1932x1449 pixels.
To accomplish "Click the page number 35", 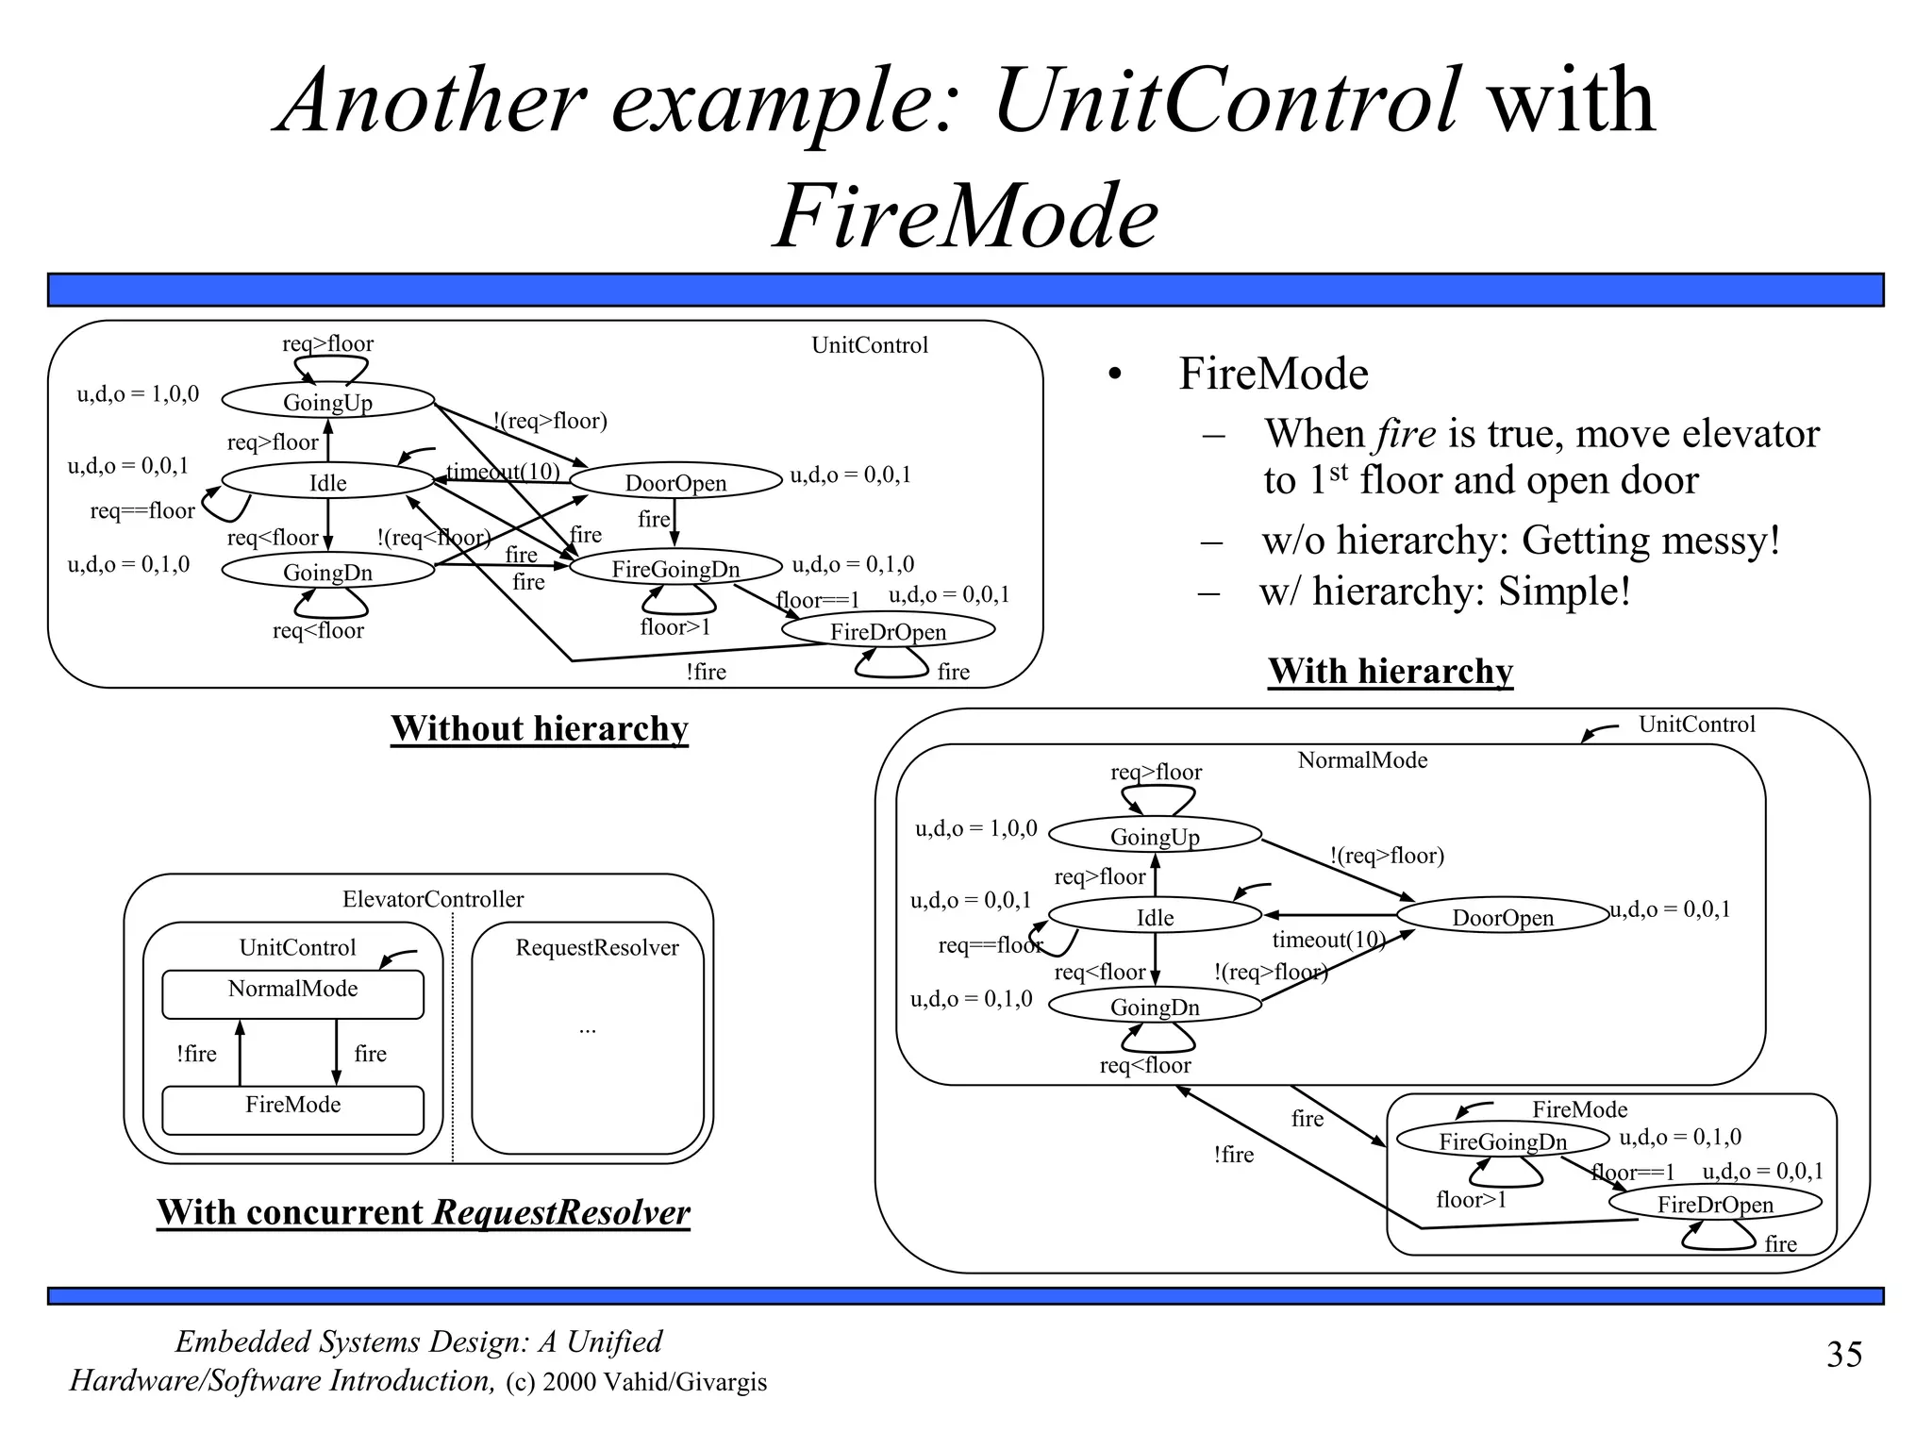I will pos(1844,1355).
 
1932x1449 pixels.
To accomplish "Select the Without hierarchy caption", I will pos(539,728).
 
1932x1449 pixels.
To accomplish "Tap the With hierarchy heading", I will pos(1390,671).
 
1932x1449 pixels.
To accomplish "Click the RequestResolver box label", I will pos(596,947).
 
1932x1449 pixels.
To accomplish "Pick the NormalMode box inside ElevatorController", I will pos(292,994).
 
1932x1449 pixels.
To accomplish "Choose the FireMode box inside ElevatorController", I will pos(292,1109).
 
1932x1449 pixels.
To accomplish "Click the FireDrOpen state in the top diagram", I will pos(888,631).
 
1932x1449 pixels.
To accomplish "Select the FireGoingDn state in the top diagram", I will pos(675,568).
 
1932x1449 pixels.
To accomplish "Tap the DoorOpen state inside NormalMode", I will pos(1502,917).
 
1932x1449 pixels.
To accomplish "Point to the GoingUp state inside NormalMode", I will pos(1155,836).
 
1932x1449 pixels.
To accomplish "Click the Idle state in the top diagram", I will pos(327,482).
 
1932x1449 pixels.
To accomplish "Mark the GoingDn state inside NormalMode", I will pos(1155,1007).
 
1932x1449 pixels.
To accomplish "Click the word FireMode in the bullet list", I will pos(1273,374).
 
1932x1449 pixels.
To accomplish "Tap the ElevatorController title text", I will pos(432,899).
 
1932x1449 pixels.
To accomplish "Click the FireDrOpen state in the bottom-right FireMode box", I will pos(1714,1204).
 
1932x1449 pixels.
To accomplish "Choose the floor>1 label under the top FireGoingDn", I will pos(675,627).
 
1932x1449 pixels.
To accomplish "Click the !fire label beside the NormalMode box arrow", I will pos(196,1054).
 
